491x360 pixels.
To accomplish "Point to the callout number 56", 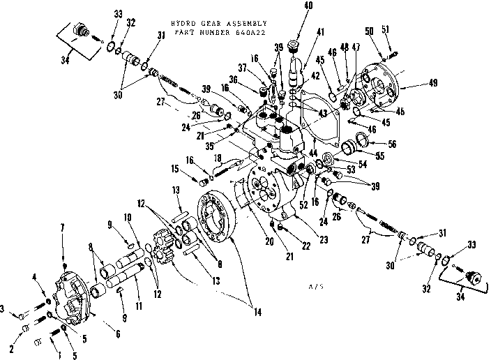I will (392, 144).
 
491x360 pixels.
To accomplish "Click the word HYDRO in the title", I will (171, 22).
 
